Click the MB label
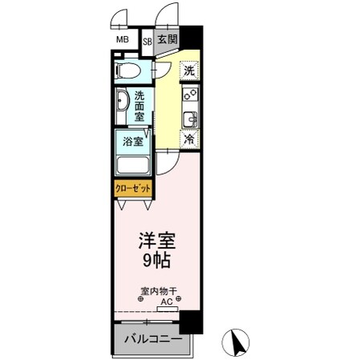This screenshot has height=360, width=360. (x=122, y=40)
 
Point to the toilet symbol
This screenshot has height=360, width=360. (x=128, y=71)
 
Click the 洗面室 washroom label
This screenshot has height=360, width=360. (x=140, y=107)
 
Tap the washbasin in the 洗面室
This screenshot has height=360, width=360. (x=122, y=105)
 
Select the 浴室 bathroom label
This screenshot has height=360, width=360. (x=133, y=142)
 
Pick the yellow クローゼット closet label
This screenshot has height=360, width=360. (x=132, y=190)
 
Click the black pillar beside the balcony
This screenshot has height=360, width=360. (x=189, y=323)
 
